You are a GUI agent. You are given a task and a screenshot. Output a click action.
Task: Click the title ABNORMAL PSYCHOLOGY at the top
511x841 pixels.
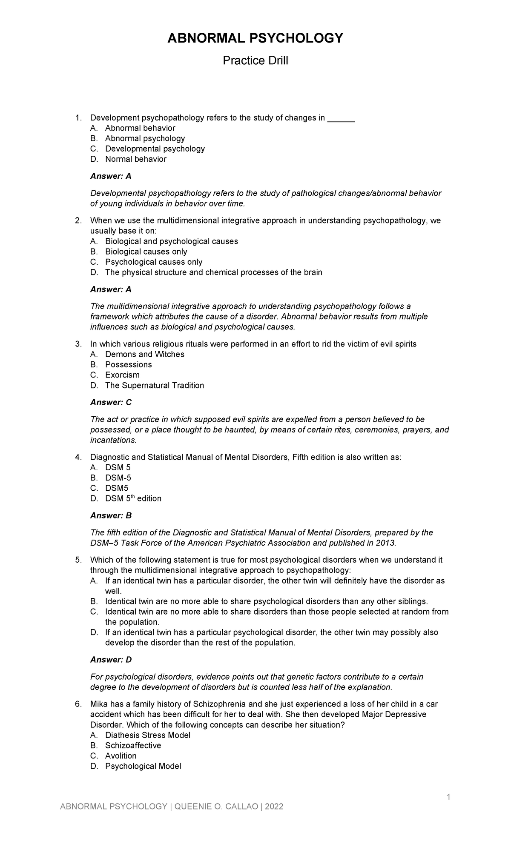(x=255, y=39)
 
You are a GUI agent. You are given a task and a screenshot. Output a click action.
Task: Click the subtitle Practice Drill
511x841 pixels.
(x=255, y=61)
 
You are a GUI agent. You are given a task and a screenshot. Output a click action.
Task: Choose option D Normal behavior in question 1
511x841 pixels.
(x=135, y=159)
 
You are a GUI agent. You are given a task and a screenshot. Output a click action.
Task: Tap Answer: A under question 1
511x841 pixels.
(x=111, y=176)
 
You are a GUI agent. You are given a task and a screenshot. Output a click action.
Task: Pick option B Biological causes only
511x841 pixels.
(x=146, y=252)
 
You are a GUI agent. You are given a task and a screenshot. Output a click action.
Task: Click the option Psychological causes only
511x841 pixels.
(x=153, y=262)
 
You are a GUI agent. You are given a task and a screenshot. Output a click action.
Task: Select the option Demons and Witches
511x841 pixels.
(x=144, y=355)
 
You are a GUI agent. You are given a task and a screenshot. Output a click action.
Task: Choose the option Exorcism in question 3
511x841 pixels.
(x=122, y=375)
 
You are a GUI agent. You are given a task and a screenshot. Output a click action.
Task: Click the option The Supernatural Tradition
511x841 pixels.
(x=154, y=386)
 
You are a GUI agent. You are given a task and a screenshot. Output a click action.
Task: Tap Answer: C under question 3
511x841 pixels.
(x=111, y=403)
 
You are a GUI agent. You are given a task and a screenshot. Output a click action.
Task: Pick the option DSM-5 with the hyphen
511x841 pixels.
(x=118, y=478)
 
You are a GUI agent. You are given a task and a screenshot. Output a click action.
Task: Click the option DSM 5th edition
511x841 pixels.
(x=133, y=498)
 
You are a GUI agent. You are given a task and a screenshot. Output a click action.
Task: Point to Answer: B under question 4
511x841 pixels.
(x=111, y=516)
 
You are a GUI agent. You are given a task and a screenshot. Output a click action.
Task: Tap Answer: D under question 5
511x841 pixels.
(x=111, y=660)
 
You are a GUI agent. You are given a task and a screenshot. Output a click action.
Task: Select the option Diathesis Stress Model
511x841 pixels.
(x=147, y=735)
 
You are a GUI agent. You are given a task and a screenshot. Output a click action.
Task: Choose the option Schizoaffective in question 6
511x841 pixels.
(x=133, y=746)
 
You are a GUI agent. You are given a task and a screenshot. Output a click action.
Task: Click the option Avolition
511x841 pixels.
(x=121, y=756)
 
